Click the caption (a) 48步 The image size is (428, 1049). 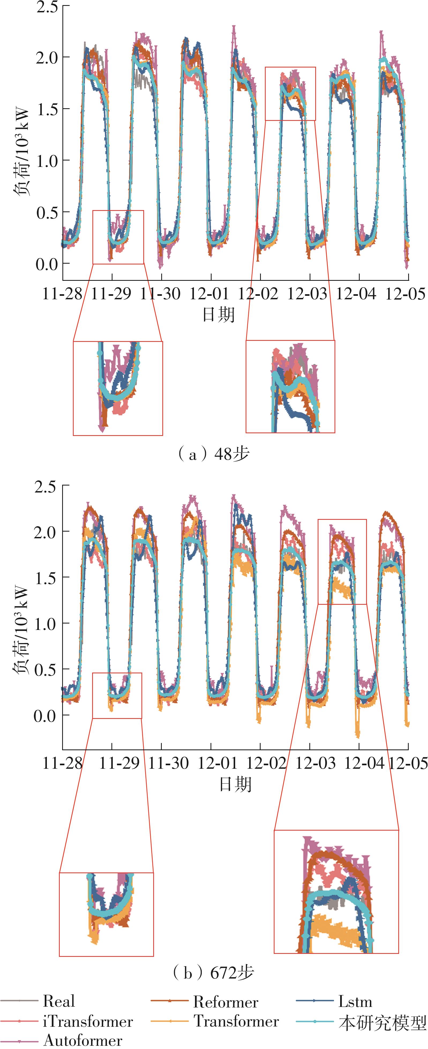pyautogui.click(x=214, y=453)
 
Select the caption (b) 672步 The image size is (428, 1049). pyautogui.click(x=214, y=972)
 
